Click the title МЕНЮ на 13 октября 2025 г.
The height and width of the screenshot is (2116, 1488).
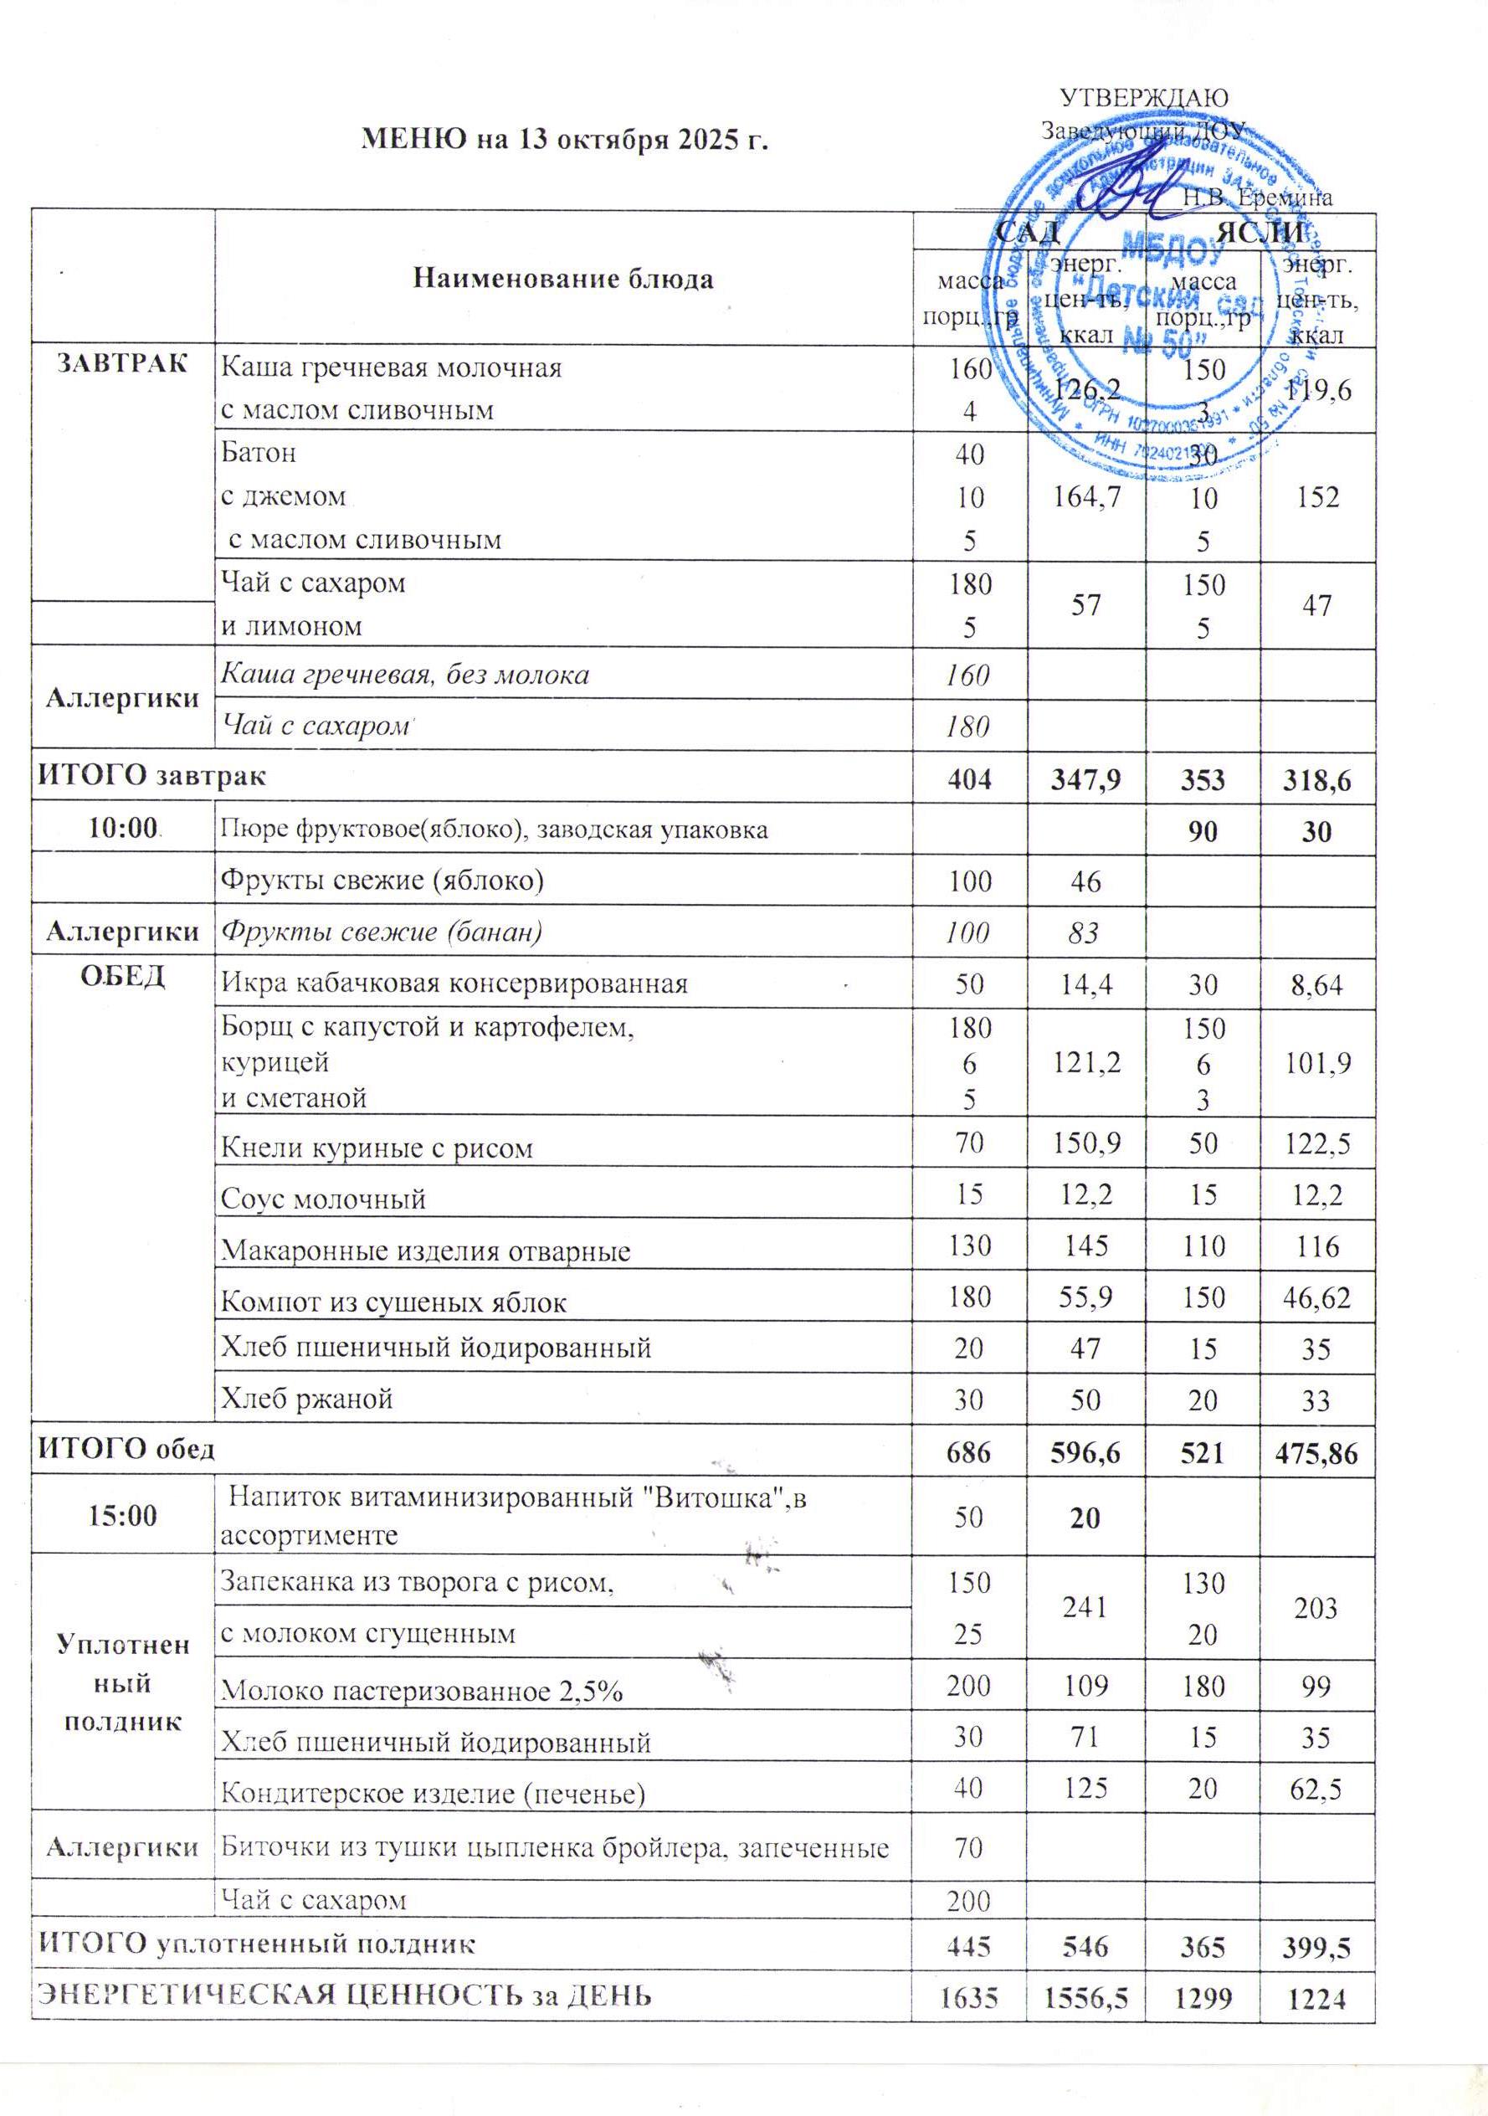coord(566,139)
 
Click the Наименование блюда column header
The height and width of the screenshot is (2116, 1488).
coord(563,280)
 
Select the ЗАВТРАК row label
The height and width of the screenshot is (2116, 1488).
coord(122,363)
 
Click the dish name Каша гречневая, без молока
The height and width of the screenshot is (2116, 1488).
coord(404,675)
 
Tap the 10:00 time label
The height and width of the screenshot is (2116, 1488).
coord(121,829)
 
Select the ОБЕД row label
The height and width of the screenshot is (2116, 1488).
coord(122,977)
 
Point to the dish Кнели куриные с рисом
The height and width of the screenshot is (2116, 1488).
coord(377,1149)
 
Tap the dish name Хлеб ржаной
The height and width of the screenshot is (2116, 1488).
coord(307,1398)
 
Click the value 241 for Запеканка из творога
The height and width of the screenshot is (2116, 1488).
coord(1086,1607)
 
